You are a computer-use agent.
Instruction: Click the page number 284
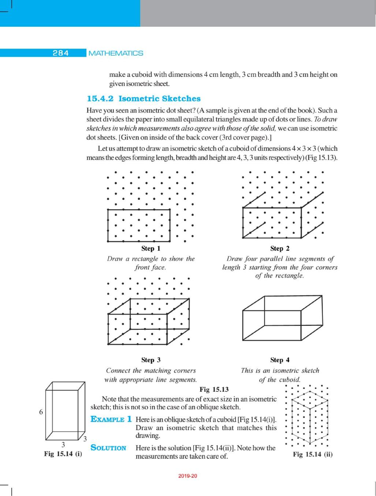(x=61, y=53)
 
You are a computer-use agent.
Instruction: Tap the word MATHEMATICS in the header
(x=116, y=53)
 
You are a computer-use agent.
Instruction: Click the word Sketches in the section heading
(x=181, y=99)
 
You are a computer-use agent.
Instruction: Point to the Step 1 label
(x=151, y=249)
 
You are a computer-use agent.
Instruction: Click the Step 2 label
(x=280, y=249)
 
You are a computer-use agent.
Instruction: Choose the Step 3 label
(x=151, y=360)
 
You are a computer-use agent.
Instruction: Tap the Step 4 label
(x=280, y=360)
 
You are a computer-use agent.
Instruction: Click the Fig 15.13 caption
(x=214, y=389)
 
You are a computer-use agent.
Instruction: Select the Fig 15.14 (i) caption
(x=63, y=454)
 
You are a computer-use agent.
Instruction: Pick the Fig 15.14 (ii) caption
(x=313, y=454)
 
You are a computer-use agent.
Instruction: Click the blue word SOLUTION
(x=108, y=448)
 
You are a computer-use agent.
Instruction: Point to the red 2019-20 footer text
(x=188, y=476)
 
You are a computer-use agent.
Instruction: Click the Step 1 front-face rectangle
(x=139, y=225)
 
